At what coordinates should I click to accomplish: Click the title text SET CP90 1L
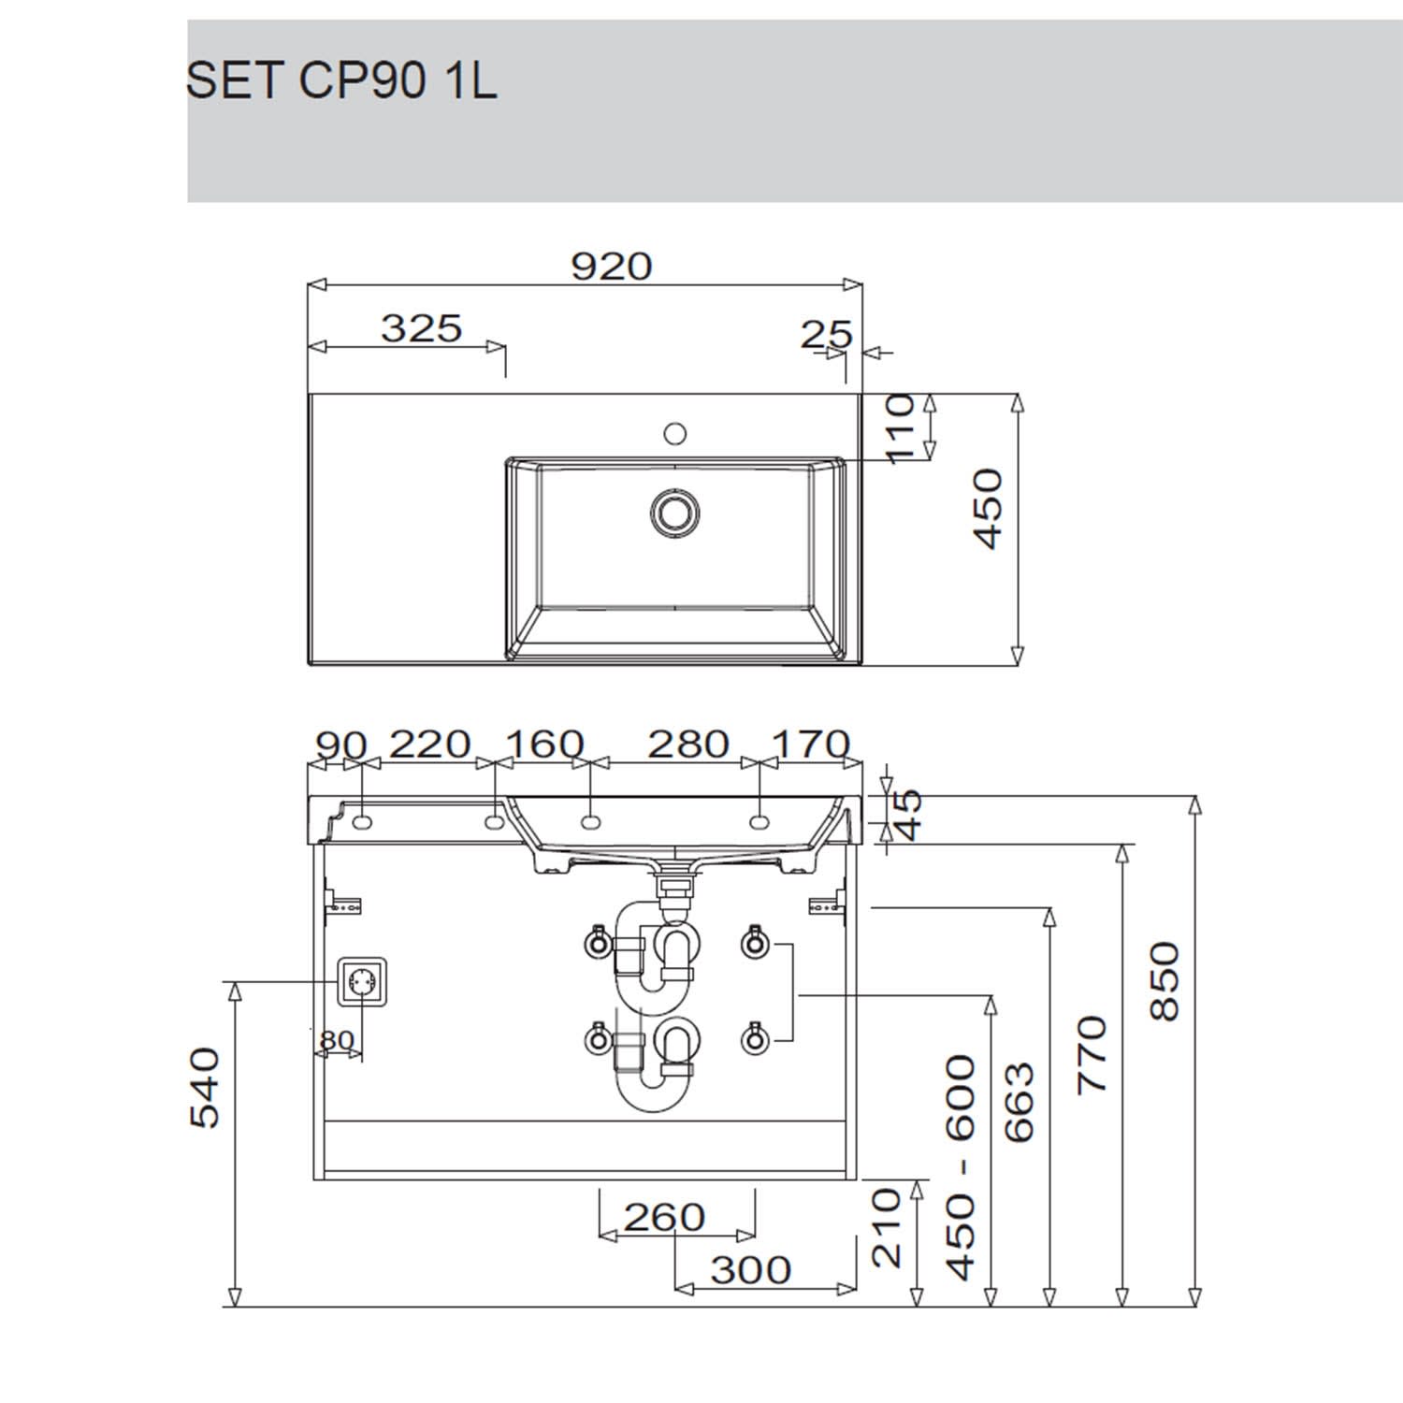[341, 81]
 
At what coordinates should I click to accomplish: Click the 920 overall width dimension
[611, 267]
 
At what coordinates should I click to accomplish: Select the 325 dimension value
[422, 328]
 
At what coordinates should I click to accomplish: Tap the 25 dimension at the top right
[827, 334]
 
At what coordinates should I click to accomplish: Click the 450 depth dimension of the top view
[988, 509]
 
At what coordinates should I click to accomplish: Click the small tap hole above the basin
[674, 433]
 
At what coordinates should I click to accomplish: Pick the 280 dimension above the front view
[688, 745]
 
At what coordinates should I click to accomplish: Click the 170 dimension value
[810, 745]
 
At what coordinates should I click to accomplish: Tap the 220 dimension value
[429, 745]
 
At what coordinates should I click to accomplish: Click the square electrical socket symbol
[362, 982]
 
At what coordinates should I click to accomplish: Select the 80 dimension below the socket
[337, 1040]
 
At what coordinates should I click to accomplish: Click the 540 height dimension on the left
[204, 1088]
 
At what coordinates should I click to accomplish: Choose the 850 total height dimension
[1164, 981]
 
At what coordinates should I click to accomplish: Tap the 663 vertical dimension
[1019, 1102]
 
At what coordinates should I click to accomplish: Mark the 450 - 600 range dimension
[961, 1166]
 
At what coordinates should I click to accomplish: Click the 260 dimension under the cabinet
[664, 1217]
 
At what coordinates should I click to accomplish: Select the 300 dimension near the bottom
[751, 1270]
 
